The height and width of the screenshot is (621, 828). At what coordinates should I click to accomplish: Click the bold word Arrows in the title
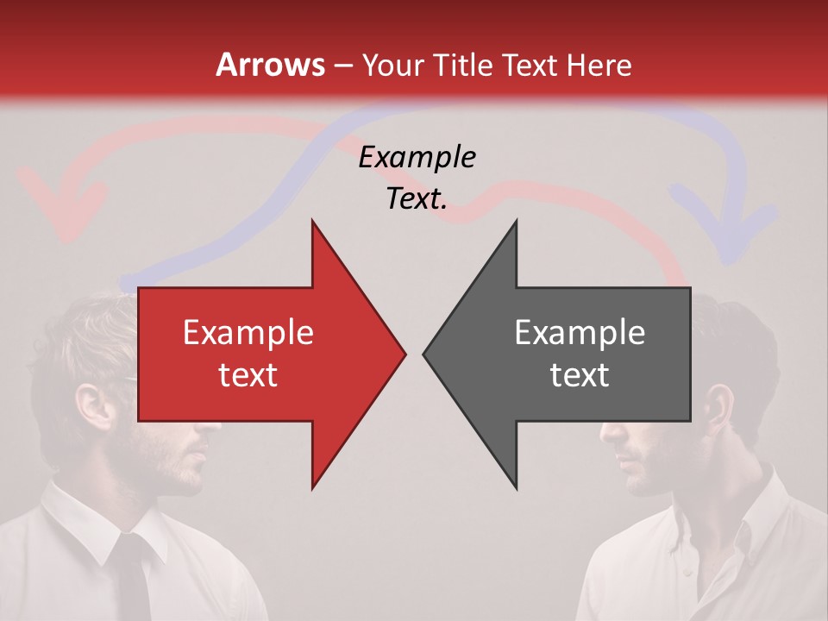271,65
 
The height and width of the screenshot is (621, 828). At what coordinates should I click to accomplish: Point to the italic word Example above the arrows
417,157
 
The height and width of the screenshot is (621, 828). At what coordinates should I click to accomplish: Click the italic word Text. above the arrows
417,199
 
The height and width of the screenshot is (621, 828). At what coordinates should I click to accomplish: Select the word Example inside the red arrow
248,332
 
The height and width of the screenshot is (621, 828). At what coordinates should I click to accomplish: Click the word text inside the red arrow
248,374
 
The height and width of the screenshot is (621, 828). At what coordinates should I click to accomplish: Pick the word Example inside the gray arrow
580,332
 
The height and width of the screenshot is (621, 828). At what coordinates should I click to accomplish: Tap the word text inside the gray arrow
580,374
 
